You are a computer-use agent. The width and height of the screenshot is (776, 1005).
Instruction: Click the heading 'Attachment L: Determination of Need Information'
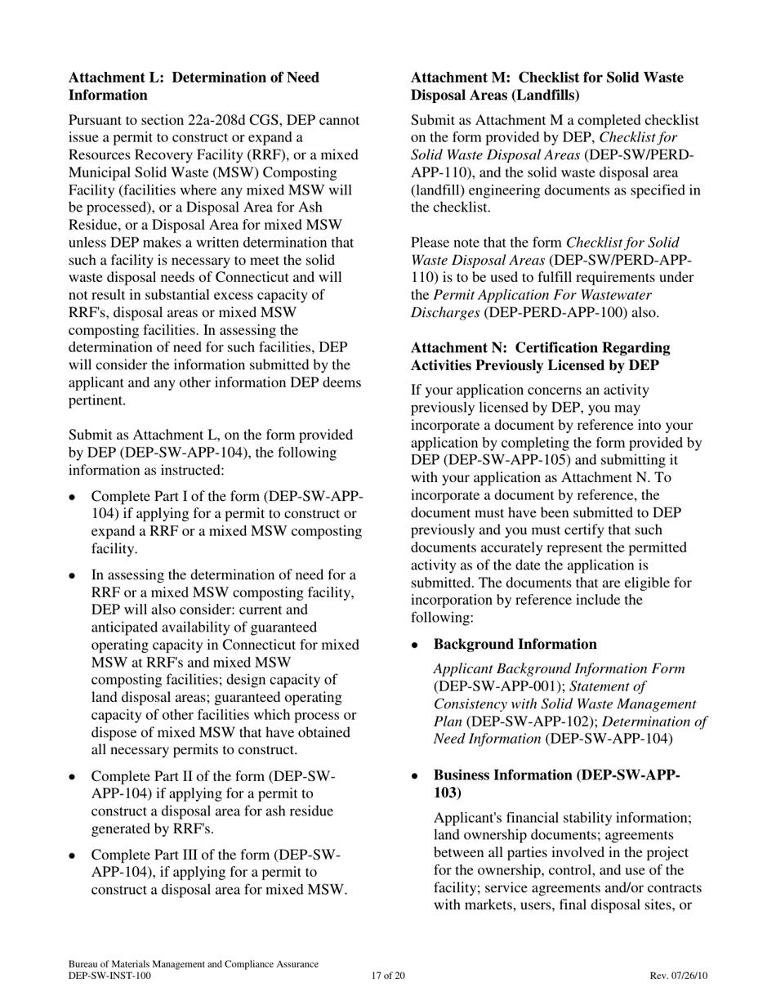(x=194, y=87)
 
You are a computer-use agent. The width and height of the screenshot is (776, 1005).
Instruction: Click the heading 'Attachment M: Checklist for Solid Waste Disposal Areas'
(x=546, y=87)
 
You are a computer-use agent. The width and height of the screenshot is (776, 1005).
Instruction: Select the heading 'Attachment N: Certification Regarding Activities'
(x=540, y=357)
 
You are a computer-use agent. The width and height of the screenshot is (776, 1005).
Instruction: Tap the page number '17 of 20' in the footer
(x=387, y=976)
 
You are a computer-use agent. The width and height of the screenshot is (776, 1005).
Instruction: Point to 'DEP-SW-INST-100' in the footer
(x=109, y=976)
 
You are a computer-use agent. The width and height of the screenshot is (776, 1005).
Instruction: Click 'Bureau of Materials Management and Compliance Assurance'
(x=194, y=964)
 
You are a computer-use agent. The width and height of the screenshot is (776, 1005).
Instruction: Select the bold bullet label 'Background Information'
(x=515, y=645)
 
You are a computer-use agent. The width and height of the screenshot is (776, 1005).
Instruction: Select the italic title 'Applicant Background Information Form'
(x=559, y=669)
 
